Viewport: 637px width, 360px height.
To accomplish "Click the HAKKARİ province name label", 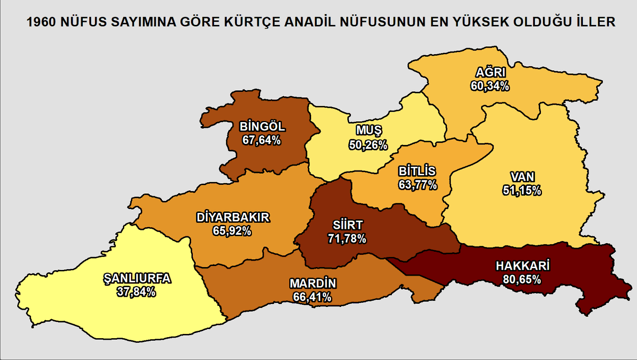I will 522,265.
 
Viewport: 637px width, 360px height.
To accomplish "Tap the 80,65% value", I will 522,279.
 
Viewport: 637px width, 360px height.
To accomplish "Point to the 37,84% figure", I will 136,292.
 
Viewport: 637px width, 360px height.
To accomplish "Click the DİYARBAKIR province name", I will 233,218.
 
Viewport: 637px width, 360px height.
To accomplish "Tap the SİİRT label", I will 347,226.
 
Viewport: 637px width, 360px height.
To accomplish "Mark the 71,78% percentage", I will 347,239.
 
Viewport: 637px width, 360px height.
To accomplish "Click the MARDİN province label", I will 313,284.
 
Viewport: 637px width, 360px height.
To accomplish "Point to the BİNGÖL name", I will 262,127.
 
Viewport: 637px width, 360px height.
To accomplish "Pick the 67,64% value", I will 261,140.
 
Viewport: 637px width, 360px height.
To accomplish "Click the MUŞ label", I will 368,131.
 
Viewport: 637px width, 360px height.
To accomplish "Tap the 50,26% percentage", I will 368,144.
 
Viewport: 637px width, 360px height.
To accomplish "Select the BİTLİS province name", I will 417,172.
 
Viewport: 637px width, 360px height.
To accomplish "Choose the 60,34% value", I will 489,85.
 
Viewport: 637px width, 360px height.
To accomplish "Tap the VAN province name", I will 522,177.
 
